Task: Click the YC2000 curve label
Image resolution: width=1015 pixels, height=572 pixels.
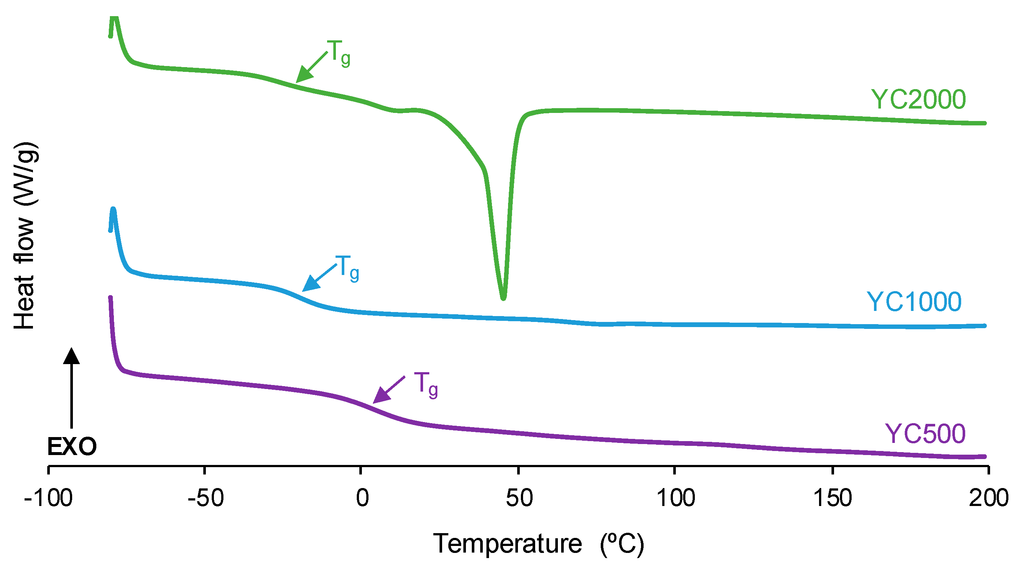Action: pos(918,99)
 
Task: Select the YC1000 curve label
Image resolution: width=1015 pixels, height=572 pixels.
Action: pos(914,302)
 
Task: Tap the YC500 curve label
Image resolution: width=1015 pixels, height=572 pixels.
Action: pos(925,434)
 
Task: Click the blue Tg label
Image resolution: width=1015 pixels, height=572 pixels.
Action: pos(347,268)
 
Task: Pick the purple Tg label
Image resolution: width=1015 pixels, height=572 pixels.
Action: pos(426,385)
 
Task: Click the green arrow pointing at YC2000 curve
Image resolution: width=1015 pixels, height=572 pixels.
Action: pos(311,67)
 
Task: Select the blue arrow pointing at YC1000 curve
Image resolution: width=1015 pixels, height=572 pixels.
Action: pos(319,278)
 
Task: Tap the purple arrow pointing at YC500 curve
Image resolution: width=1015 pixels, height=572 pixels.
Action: pos(388,390)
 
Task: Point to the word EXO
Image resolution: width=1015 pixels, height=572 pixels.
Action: pos(72,447)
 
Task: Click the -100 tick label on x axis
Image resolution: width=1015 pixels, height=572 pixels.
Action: pos(48,498)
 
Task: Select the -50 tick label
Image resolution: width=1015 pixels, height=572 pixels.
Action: pos(205,498)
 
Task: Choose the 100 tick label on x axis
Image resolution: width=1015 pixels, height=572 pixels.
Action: pos(675,498)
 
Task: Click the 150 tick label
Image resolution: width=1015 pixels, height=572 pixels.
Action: pos(833,498)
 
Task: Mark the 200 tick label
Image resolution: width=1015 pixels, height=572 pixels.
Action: pos(988,498)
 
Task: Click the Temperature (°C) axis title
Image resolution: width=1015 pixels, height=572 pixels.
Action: pos(538,544)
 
